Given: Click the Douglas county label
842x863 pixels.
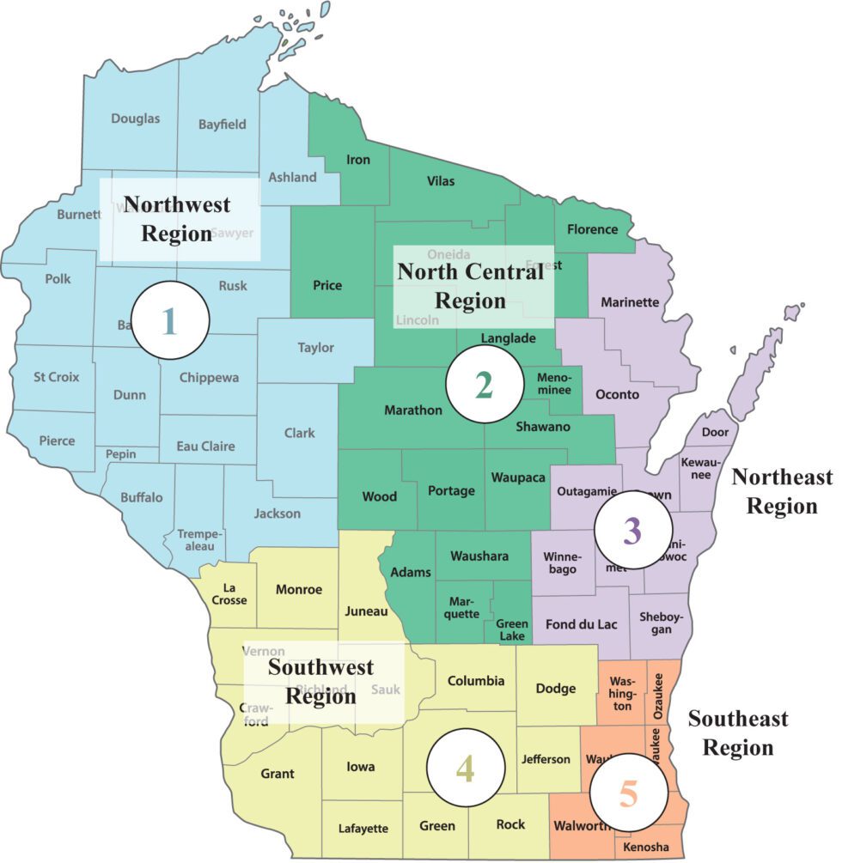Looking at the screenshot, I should (x=135, y=119).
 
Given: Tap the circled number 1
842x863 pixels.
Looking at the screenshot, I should (x=170, y=319).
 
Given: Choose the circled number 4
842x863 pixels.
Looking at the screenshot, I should (x=464, y=769).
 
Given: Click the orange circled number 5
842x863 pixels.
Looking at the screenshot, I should (x=629, y=793).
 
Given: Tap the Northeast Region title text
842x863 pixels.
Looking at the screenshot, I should (x=781, y=491).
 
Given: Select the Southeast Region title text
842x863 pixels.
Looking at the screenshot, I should (x=737, y=732).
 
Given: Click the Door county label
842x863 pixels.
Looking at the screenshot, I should (x=715, y=432).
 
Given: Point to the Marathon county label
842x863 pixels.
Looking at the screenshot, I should (x=413, y=410).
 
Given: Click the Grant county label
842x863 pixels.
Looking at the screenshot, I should (x=277, y=773).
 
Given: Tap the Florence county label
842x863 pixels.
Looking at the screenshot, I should (x=592, y=229).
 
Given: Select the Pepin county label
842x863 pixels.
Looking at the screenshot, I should (x=121, y=453).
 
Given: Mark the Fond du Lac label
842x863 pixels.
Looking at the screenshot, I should (x=581, y=624).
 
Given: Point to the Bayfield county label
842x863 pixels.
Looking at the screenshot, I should (x=222, y=124).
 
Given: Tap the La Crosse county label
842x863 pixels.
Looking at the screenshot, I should (x=229, y=593).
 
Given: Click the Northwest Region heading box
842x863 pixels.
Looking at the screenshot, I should (x=179, y=219).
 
